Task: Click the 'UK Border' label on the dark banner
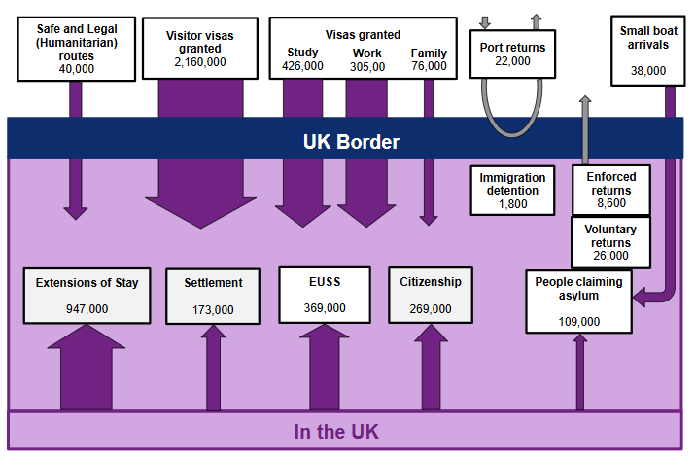point(351,141)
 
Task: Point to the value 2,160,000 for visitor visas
point(199,61)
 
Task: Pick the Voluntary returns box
point(610,242)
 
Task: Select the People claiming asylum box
point(579,301)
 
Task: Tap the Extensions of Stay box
point(87,295)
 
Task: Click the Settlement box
point(213,295)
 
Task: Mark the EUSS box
point(325,294)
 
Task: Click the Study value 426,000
point(302,66)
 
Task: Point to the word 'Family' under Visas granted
point(429,53)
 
